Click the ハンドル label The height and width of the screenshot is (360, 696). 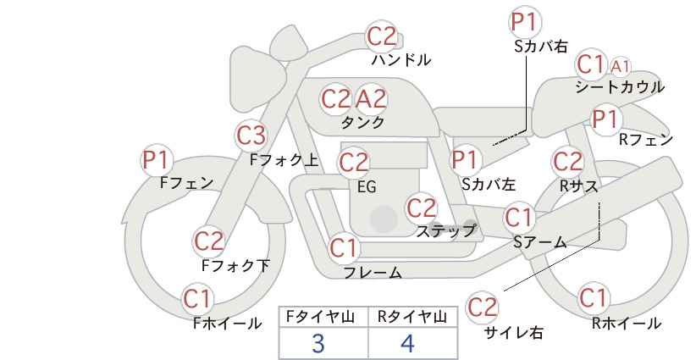[x=400, y=60]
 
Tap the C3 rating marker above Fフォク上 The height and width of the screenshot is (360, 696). [x=251, y=136]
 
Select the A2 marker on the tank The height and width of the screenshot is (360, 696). [x=371, y=99]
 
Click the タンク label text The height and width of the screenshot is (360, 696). [x=362, y=122]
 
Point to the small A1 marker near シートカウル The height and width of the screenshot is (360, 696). [x=620, y=67]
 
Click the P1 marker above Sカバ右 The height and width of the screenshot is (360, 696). [x=526, y=22]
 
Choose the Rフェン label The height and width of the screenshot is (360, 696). [x=646, y=140]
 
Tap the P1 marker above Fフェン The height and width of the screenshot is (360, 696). [x=157, y=160]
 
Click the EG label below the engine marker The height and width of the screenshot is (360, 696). [x=367, y=187]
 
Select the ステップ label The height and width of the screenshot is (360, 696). [x=445, y=231]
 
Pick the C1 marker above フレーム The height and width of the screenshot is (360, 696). [x=344, y=247]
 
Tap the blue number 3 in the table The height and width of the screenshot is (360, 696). [x=318, y=343]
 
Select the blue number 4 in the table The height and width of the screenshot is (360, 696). [x=407, y=343]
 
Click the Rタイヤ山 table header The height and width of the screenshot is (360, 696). [x=412, y=317]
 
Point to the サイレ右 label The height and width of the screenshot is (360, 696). [x=514, y=333]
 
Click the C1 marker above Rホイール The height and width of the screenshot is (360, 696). [x=593, y=298]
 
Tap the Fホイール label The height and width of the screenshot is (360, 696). [x=227, y=324]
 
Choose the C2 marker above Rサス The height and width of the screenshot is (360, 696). [x=567, y=161]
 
